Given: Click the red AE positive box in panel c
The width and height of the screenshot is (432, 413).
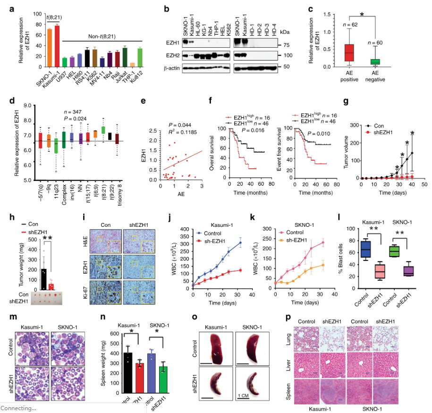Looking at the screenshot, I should pyautogui.click(x=349, y=52).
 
